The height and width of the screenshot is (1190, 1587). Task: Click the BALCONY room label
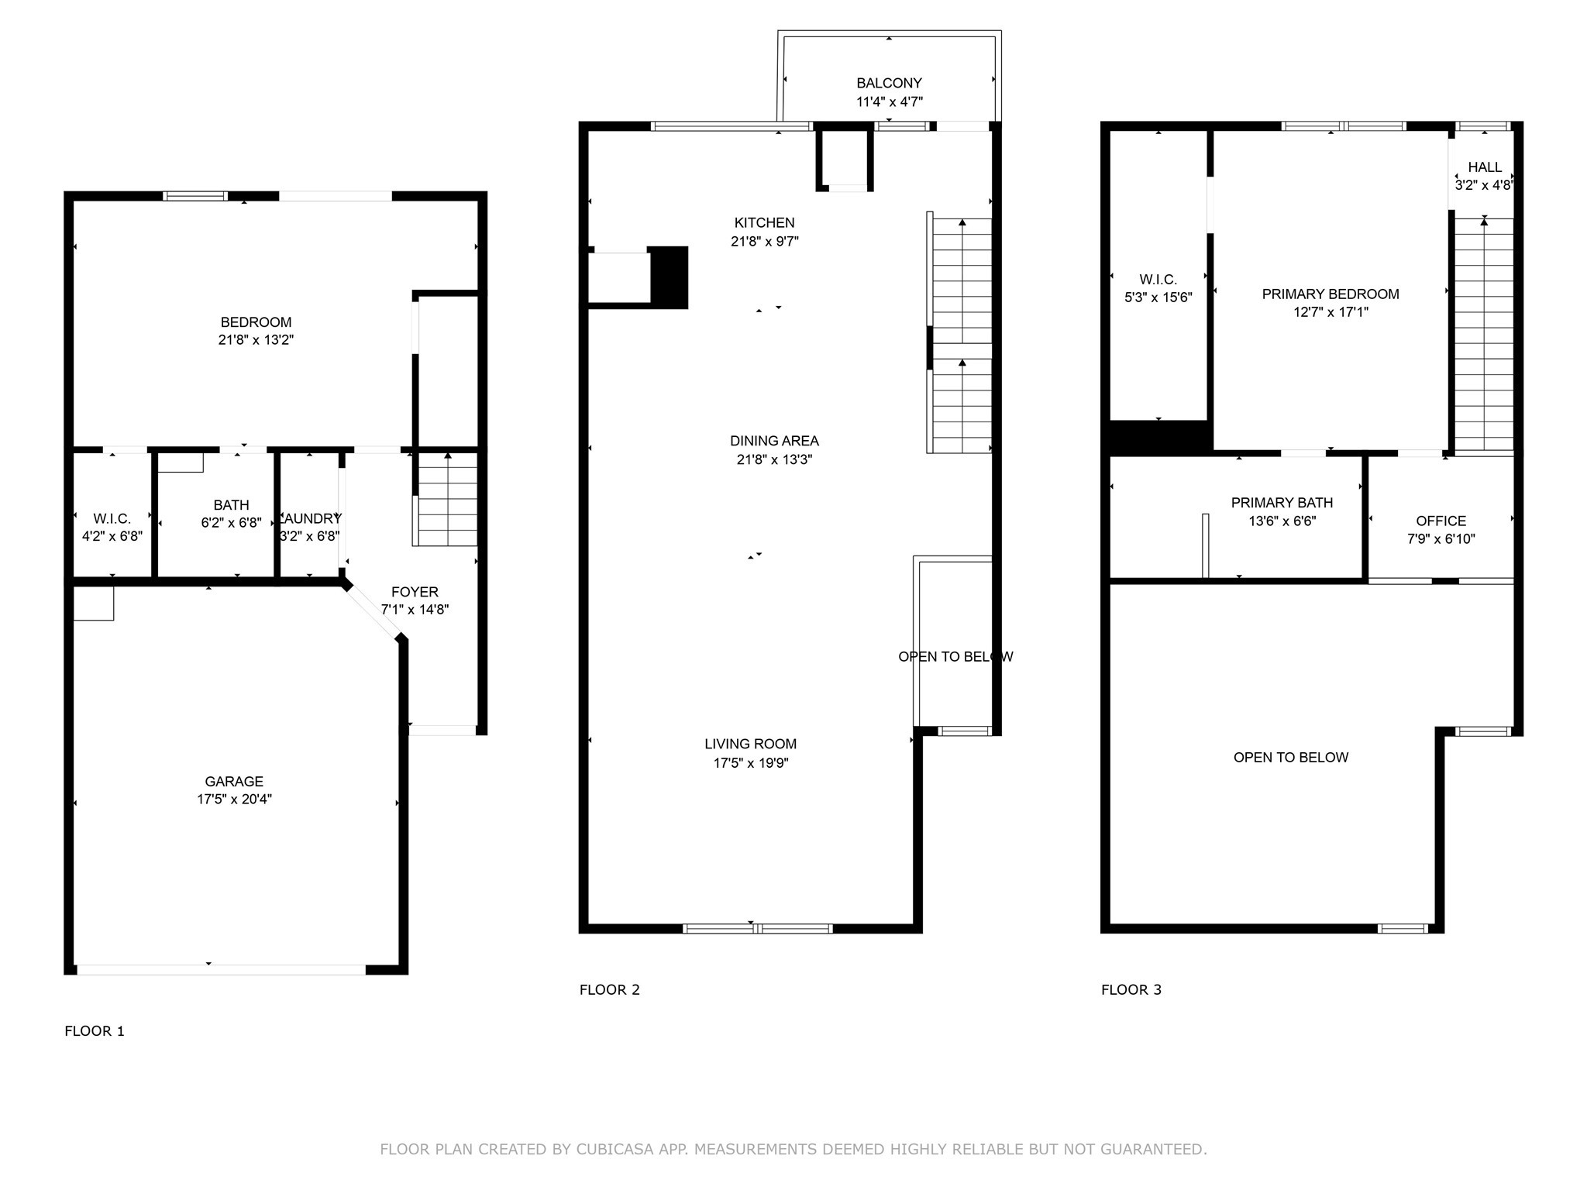point(889,83)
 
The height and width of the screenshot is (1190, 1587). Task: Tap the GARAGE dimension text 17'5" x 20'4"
point(234,800)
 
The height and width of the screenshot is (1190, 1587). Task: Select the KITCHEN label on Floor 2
point(764,222)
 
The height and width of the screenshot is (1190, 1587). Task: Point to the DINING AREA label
point(773,441)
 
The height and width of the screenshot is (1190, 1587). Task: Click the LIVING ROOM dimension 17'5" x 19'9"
point(750,763)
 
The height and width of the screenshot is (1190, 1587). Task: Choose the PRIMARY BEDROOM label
point(1330,294)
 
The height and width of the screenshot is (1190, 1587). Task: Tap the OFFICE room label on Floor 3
point(1441,521)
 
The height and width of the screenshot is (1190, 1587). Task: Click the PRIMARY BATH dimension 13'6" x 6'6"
point(1282,521)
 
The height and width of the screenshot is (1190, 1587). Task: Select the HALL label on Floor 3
point(1484,167)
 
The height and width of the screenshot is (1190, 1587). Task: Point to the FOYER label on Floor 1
point(415,592)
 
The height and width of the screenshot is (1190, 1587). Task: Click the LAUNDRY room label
point(310,518)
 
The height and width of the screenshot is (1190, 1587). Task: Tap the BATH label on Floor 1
point(231,505)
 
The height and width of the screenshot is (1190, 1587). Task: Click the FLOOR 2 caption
point(609,989)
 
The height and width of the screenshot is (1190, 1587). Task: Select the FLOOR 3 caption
point(1131,989)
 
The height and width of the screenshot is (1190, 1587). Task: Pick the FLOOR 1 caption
point(94,1030)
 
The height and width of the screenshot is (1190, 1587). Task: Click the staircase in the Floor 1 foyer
point(447,500)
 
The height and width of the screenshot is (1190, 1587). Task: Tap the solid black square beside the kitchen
point(668,277)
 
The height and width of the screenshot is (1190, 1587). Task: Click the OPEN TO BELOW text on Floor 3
point(1290,757)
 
